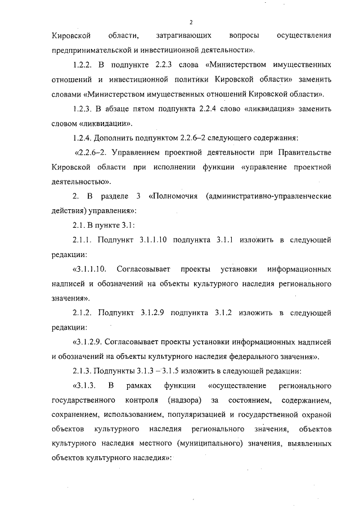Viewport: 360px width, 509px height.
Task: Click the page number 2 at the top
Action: (x=191, y=22)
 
